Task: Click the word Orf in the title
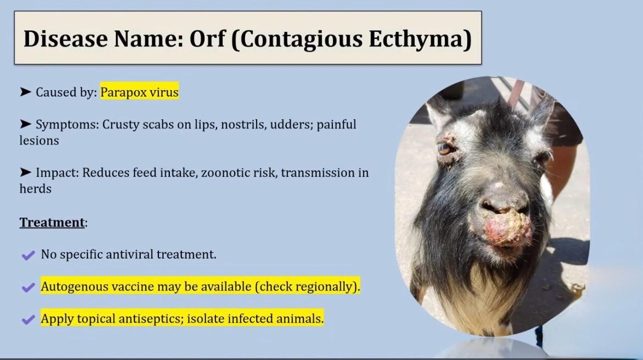(x=207, y=38)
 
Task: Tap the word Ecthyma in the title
(x=419, y=40)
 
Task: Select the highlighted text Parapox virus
(x=140, y=92)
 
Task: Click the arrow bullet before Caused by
(x=25, y=91)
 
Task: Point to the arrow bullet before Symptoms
(x=25, y=124)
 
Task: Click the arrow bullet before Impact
(x=25, y=172)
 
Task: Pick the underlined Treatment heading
(x=52, y=222)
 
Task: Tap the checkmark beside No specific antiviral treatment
(x=28, y=256)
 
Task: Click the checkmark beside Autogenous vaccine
(x=28, y=287)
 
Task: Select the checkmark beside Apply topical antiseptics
(x=28, y=319)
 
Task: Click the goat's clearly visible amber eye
(x=444, y=148)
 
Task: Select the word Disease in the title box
(x=65, y=39)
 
